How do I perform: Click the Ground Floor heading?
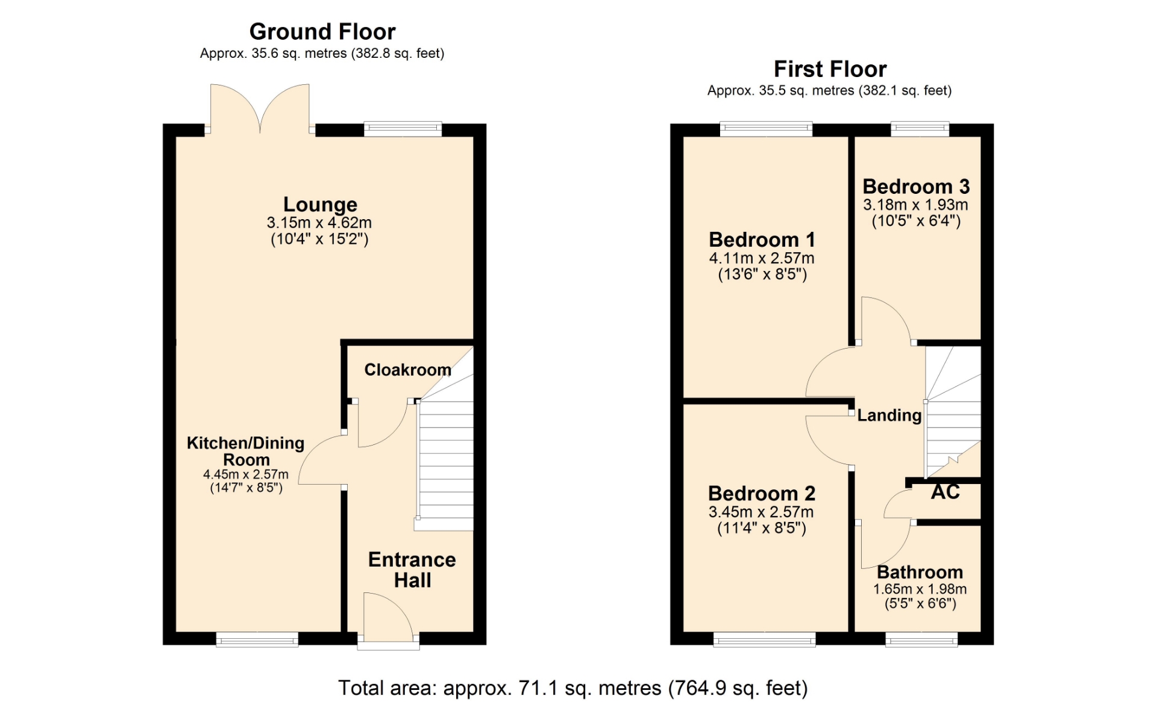[322, 31]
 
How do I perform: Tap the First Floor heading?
[830, 69]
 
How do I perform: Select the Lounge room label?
[320, 205]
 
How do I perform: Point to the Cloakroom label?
[407, 370]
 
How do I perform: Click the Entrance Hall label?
[412, 570]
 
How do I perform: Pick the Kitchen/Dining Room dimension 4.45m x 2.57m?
[246, 474]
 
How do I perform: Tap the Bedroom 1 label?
[762, 240]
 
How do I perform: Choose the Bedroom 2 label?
[762, 494]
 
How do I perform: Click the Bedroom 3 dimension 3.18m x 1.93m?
[915, 205]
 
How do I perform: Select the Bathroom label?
[920, 572]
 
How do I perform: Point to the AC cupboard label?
[945, 492]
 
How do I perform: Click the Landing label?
[889, 415]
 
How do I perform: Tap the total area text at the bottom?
[572, 688]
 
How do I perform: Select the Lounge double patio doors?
[260, 108]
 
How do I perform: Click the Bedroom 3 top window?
[920, 128]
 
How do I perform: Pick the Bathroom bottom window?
[921, 639]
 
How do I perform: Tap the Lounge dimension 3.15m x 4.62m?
[319, 223]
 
